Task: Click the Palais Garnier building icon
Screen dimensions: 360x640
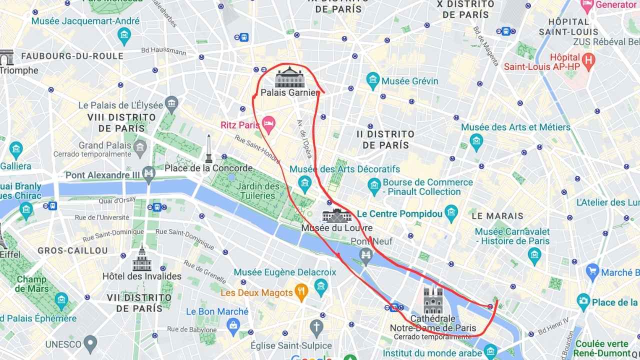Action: point(289,77)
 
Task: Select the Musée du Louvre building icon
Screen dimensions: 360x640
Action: point(336,216)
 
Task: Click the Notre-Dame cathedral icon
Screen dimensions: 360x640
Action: point(433,300)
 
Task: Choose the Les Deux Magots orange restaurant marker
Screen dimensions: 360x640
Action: point(300,293)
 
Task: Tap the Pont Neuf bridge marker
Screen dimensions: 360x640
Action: point(366,255)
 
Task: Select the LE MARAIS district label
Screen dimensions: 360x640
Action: point(497,216)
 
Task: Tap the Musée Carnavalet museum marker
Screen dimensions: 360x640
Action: point(534,255)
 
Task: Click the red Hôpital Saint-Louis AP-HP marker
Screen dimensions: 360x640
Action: point(589,60)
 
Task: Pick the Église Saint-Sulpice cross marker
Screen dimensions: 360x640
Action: point(316,328)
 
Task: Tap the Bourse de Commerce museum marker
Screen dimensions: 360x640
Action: point(374,187)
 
